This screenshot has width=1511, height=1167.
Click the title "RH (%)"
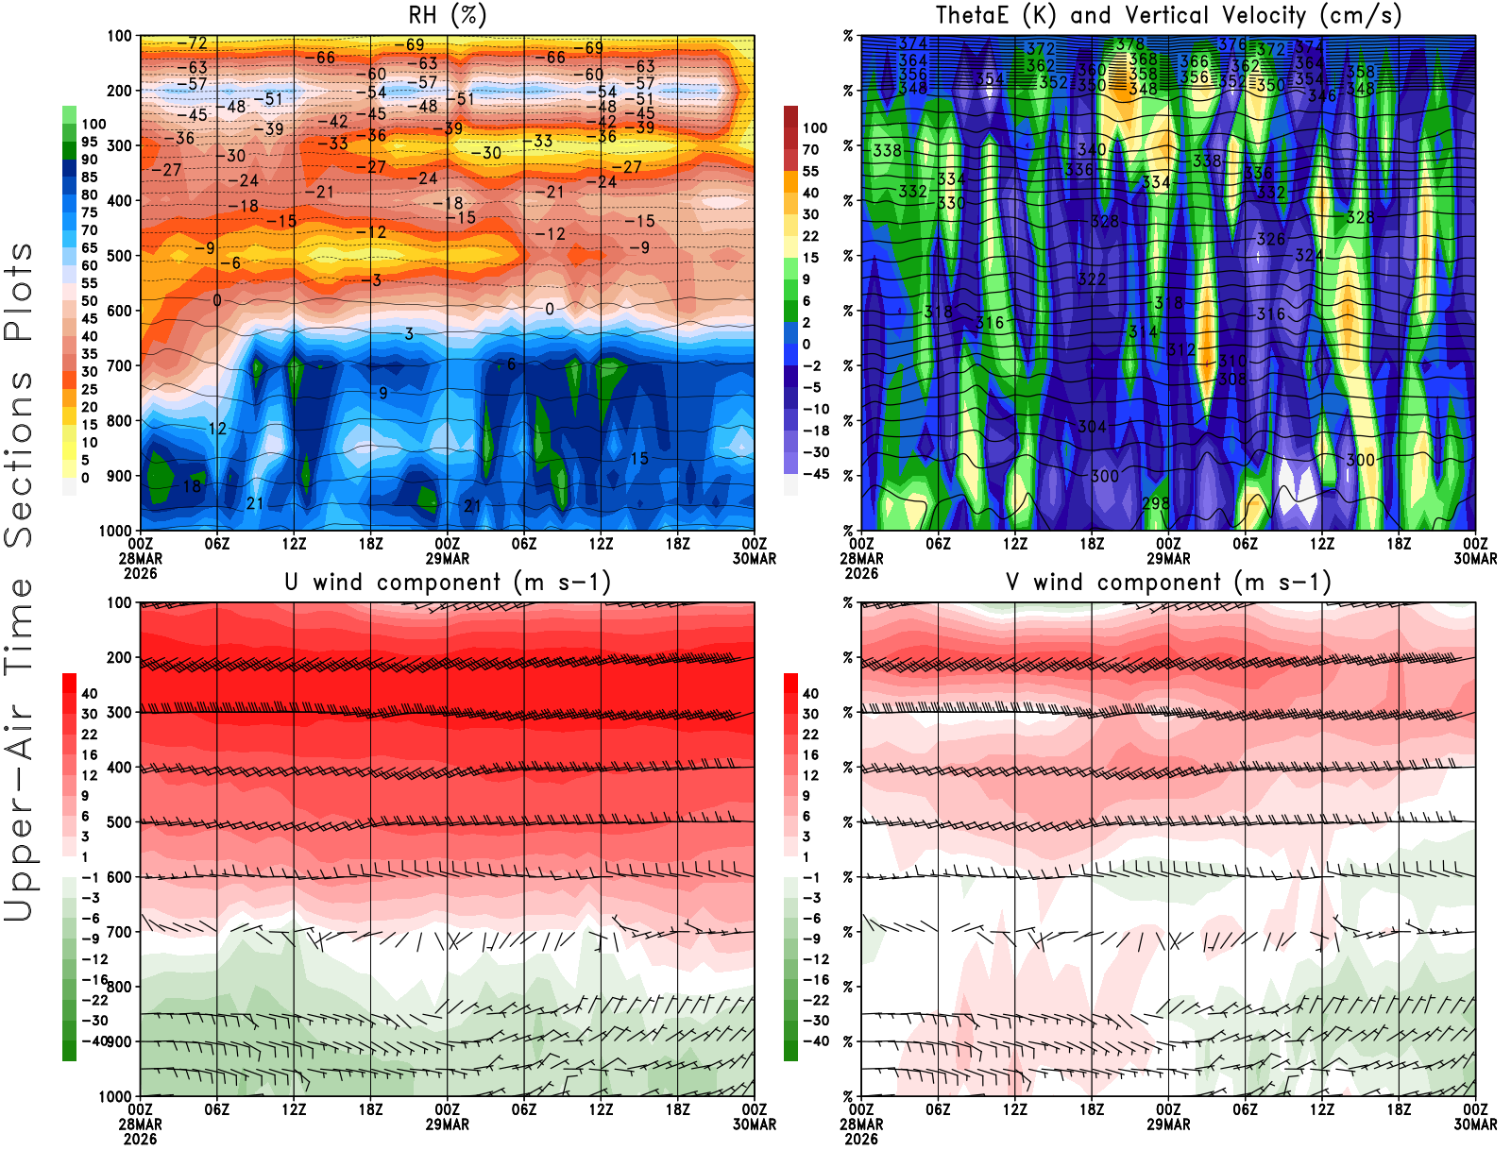pos(448,16)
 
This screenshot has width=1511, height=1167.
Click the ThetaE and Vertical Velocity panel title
pos(1168,16)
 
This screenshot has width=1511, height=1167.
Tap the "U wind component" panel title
pos(448,583)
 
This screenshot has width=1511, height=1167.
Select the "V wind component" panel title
pos(1168,583)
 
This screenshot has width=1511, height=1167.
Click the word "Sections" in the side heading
pos(19,458)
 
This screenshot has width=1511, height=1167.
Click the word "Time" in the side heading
pos(19,626)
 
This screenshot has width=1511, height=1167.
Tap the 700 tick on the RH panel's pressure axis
pos(119,365)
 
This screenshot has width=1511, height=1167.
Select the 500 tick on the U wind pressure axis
pos(119,822)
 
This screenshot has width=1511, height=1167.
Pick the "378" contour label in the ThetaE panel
pos(1129,44)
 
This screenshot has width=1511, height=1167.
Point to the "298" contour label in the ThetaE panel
pos(1156,503)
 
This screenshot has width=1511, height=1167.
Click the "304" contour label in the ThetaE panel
pos(1092,427)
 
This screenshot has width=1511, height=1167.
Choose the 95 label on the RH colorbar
pos(90,142)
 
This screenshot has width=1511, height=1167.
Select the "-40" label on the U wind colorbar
pos(94,1040)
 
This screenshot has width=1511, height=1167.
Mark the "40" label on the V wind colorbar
pos(810,693)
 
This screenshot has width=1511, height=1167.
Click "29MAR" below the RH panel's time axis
pos(448,559)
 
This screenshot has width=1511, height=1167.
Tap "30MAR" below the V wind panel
pos(1475,1125)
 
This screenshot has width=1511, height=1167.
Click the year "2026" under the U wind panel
pos(140,1139)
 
